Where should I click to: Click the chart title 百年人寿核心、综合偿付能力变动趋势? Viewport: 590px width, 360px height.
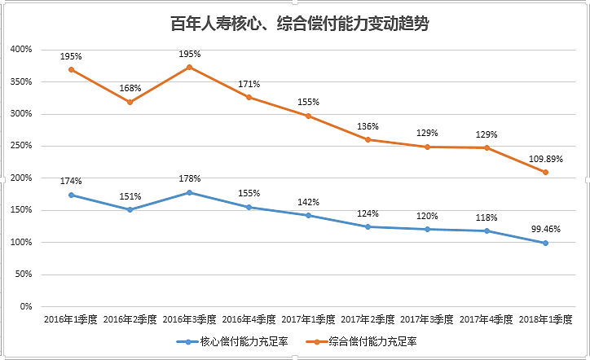[x=295, y=24]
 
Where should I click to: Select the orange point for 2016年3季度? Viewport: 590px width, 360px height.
[x=189, y=67]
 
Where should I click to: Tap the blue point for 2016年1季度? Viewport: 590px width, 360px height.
[x=71, y=195]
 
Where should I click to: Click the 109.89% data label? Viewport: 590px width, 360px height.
[x=545, y=156]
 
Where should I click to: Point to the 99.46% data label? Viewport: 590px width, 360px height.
[x=545, y=228]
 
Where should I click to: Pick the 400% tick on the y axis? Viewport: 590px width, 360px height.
[x=21, y=50]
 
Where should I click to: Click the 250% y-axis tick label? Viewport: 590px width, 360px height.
[x=21, y=146]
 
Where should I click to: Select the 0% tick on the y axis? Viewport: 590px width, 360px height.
[x=25, y=307]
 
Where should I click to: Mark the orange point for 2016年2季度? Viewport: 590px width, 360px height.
[x=130, y=102]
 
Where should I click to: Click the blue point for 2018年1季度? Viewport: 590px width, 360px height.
[x=545, y=243]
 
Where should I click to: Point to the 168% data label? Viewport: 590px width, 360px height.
[x=130, y=88]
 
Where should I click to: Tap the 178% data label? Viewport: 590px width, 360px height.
[x=189, y=178]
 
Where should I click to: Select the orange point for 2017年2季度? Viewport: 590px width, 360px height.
[x=368, y=139]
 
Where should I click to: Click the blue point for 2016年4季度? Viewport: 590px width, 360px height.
[x=249, y=207]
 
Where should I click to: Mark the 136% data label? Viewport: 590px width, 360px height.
[x=368, y=125]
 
